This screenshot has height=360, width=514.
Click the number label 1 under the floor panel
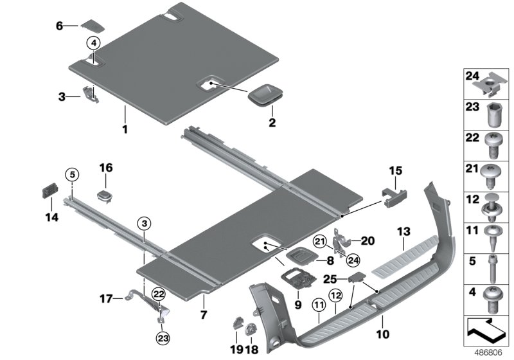[125, 129]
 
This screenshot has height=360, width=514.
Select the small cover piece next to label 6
[91, 25]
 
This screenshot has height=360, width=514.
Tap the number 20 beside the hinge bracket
[367, 240]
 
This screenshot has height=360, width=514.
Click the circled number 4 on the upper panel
[93, 44]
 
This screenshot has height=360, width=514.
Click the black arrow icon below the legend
[489, 332]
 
